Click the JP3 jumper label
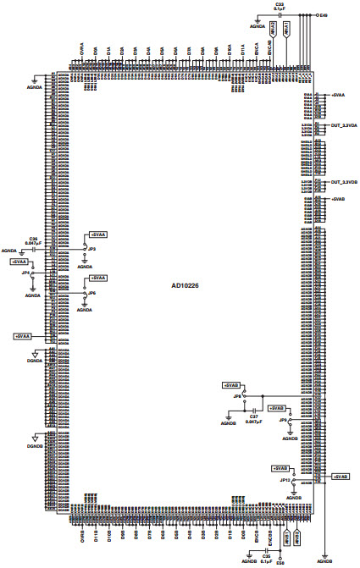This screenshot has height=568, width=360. (91, 249)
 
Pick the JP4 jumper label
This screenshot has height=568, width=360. (27, 273)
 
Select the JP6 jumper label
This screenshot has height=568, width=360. (91, 293)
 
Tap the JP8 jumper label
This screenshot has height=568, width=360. (238, 396)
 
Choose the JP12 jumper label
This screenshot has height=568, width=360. (285, 479)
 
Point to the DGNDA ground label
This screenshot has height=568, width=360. (34, 359)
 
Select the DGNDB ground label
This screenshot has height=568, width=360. (34, 444)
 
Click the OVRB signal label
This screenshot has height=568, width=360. (82, 536)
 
